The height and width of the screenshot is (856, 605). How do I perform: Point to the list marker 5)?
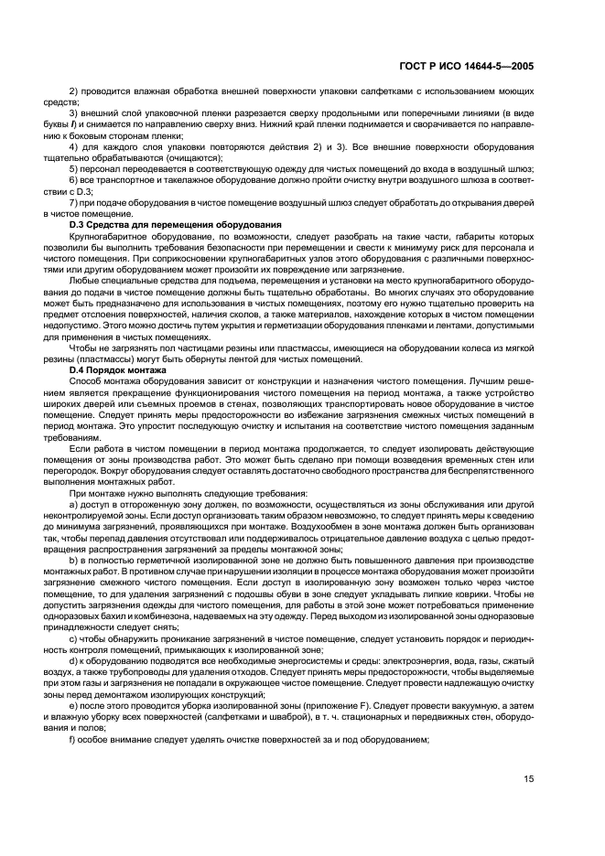pos(74,170)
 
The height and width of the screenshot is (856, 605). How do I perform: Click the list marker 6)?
pos(74,181)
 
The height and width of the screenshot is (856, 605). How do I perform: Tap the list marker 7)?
pos(74,202)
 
